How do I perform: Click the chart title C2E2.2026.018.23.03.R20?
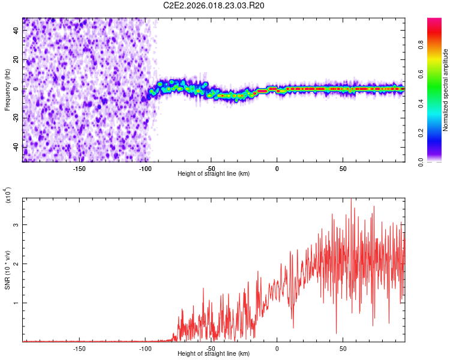tap(214, 5)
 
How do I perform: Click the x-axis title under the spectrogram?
tap(214, 173)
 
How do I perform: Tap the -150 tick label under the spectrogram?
tap(79, 168)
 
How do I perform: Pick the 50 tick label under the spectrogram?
tap(343, 168)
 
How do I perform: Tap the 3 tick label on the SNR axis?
tap(17, 224)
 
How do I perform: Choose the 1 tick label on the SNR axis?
tap(17, 303)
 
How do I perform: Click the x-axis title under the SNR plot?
tap(214, 353)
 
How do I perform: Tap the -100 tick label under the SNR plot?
tap(145, 348)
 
